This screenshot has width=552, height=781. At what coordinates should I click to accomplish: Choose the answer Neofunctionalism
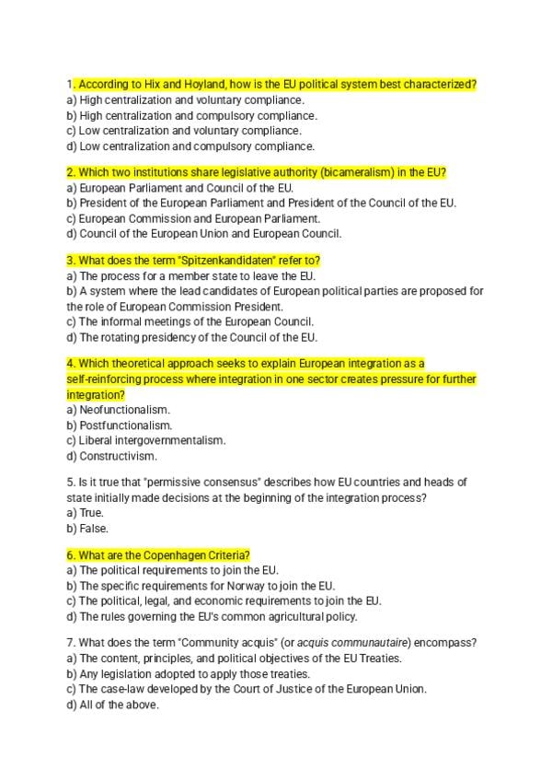124,410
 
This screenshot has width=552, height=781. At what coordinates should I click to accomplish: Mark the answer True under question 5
91,513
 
